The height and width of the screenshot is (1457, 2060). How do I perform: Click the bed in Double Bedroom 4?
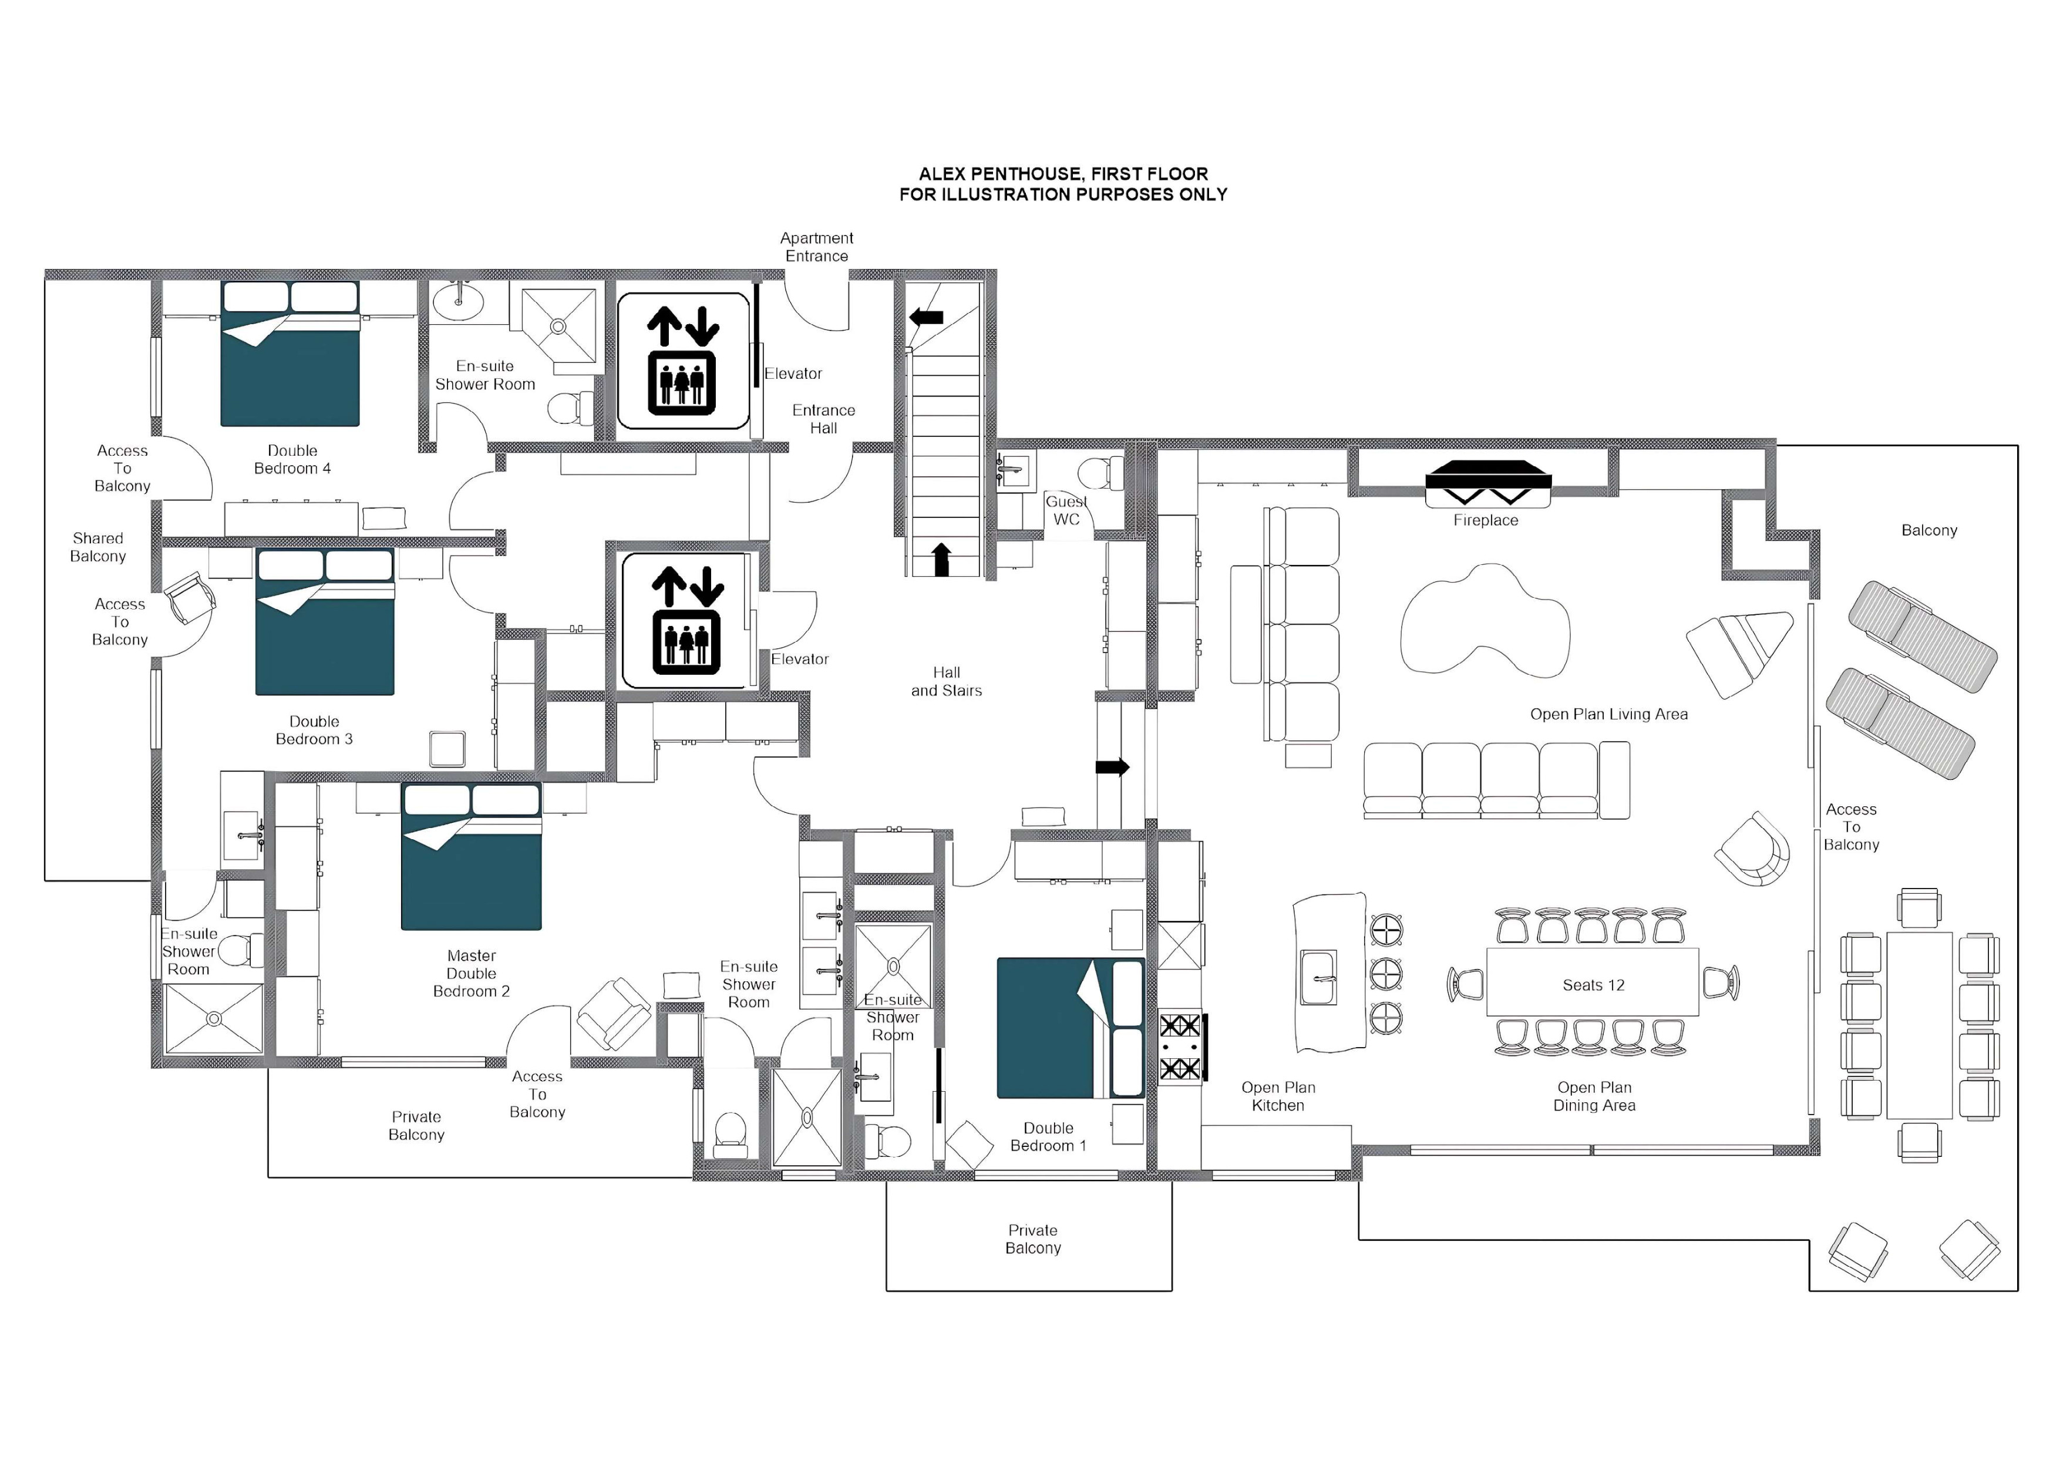(290, 354)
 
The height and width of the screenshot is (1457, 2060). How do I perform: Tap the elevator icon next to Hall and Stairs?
(685, 621)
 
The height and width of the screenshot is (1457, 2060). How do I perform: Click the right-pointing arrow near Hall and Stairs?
(1113, 767)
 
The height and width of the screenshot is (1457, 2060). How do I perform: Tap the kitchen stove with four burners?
(1181, 1046)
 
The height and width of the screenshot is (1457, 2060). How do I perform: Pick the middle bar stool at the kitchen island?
(1386, 974)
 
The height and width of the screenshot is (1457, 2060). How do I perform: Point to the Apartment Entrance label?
(816, 247)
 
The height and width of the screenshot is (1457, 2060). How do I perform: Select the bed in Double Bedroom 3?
(325, 622)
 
